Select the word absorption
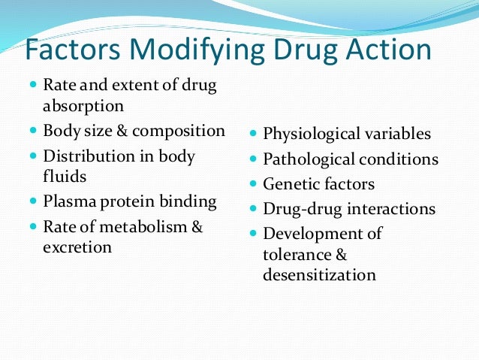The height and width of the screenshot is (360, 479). (x=83, y=106)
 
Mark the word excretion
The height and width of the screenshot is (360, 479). (x=77, y=247)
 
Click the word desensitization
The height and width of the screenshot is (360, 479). (x=319, y=275)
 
